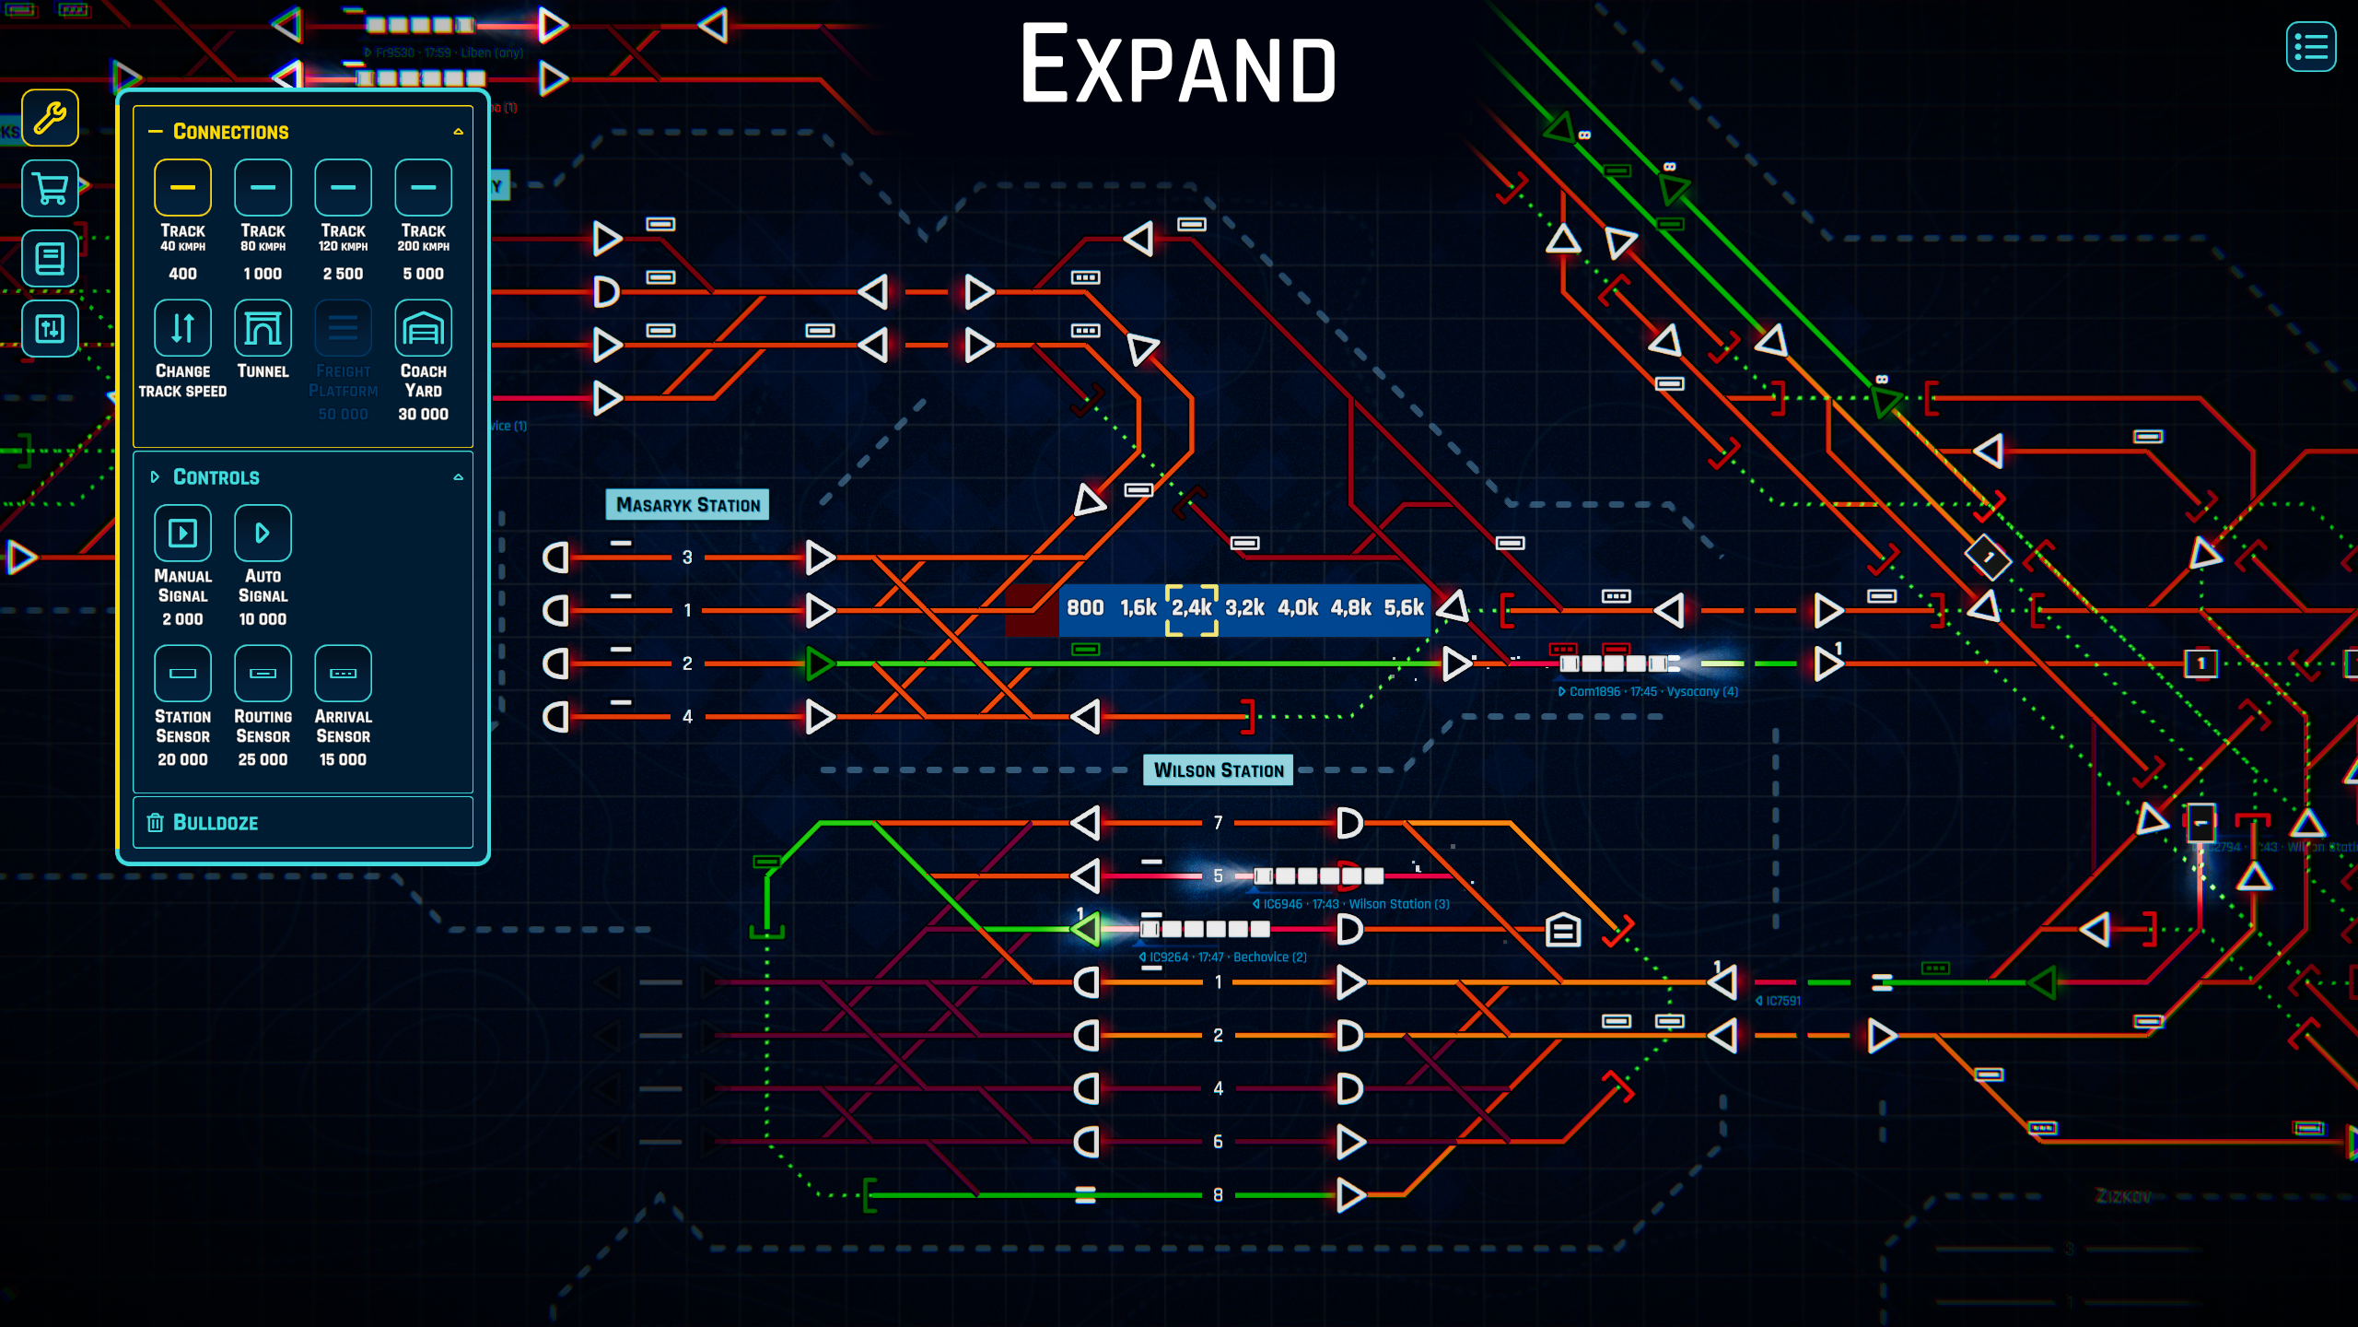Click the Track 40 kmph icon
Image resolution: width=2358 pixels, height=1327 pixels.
click(182, 187)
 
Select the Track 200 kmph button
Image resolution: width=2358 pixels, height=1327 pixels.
click(423, 187)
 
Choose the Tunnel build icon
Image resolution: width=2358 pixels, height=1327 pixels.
click(263, 328)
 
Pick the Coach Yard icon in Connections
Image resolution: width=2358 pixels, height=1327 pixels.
click(423, 328)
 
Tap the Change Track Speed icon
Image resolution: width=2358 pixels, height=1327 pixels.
click(182, 328)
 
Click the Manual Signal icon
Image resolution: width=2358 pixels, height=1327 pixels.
click(182, 533)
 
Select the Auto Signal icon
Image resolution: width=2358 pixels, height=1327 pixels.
click(263, 533)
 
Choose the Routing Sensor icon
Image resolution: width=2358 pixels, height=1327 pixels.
click(263, 674)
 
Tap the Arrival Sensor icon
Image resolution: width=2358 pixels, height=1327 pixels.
click(343, 674)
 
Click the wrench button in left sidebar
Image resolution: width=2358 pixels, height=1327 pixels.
click(50, 118)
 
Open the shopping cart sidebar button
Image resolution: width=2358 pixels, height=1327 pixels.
click(50, 188)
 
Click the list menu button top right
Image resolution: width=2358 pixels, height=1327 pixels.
click(2310, 46)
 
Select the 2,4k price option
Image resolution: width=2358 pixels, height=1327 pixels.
click(1191, 608)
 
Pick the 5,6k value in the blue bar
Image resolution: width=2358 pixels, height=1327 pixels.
click(1403, 608)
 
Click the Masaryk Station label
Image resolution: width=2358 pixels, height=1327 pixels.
click(687, 505)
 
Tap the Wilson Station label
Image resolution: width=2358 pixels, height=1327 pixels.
click(1218, 770)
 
